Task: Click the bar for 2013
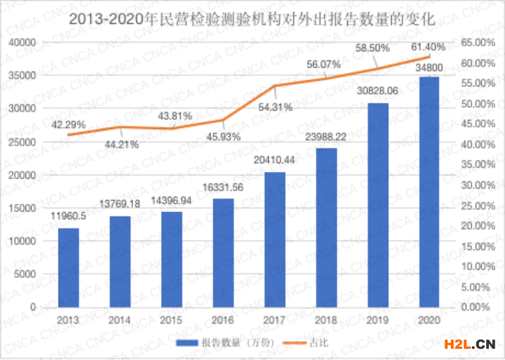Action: (x=68, y=267)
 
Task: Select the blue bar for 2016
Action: (x=223, y=253)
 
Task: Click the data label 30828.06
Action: (x=377, y=91)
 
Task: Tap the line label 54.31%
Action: (x=274, y=107)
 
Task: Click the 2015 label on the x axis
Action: (x=171, y=320)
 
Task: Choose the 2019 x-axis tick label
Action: (x=377, y=320)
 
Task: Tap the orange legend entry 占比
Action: (x=308, y=342)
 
